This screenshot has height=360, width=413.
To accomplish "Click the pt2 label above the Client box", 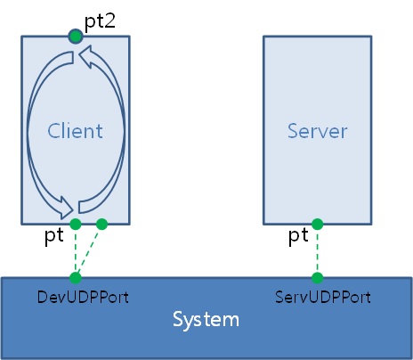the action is [100, 22].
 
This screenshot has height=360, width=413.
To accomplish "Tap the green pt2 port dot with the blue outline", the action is [76, 37].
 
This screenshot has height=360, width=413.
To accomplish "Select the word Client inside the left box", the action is [75, 131].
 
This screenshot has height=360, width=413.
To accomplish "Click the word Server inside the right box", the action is [318, 131].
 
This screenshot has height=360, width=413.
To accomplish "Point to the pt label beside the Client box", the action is [54, 236].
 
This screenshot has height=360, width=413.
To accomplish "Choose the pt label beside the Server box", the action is [298, 236].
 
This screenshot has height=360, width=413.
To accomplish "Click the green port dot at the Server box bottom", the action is [318, 225].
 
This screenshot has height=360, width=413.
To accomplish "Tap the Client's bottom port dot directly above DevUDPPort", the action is [76, 225].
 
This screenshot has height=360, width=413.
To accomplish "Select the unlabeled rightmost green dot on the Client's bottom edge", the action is [101, 225].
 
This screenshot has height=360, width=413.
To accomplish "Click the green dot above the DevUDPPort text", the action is [76, 278].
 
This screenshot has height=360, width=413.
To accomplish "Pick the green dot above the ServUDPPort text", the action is [318, 278].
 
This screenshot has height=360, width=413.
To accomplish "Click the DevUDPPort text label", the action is [83, 297].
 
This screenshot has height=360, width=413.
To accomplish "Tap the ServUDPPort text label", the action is [323, 297].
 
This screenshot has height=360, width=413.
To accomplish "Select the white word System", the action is [206, 320].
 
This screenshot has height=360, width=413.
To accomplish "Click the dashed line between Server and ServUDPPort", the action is [318, 251].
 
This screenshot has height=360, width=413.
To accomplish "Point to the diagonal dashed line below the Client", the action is [88, 252].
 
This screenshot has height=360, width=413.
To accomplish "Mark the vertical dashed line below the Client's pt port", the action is [76, 251].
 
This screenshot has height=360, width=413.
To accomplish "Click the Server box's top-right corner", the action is [371, 37].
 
